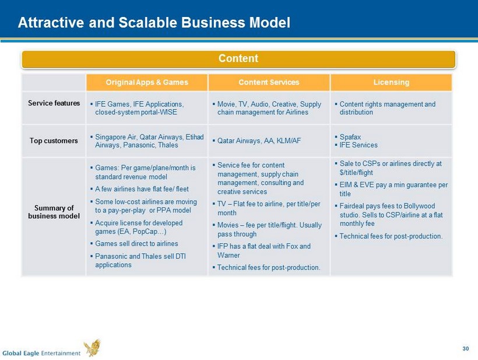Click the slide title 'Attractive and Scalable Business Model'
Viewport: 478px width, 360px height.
[x=154, y=23]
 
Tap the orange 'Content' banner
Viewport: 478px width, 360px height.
[x=238, y=59]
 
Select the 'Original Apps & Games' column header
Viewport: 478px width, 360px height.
[x=147, y=82]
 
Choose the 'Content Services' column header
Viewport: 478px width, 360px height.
[x=269, y=82]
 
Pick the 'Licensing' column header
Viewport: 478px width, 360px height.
[x=391, y=82]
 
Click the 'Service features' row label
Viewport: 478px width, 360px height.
[x=54, y=103]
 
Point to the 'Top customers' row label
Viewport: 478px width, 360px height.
[x=54, y=141]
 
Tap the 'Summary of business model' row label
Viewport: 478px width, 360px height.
[x=54, y=212]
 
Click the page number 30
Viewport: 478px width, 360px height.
[x=466, y=349]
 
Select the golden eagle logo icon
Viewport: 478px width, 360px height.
[x=92, y=348]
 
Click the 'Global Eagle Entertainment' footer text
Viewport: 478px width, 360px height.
[x=41, y=353]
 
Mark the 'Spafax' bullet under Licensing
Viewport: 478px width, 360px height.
[x=350, y=137]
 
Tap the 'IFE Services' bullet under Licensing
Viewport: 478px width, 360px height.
[x=358, y=145]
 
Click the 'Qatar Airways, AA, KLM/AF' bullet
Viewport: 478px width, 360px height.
[x=259, y=141]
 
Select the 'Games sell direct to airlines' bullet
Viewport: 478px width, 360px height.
[x=136, y=243]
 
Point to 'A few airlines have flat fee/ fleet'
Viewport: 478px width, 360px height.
[x=142, y=189]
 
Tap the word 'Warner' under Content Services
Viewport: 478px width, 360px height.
[x=229, y=255]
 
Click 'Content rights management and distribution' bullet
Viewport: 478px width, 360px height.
[x=388, y=109]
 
